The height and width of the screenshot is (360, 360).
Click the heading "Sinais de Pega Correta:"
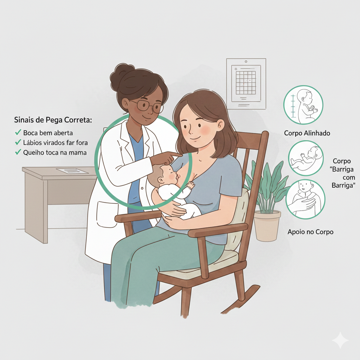click(53, 120)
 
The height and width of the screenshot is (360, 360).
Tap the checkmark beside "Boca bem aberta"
click(18, 132)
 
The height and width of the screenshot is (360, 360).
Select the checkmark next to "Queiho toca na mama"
click(18, 152)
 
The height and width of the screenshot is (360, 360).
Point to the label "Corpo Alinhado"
click(307, 133)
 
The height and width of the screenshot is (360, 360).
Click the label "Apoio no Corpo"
click(310, 232)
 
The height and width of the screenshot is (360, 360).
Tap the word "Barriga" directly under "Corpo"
click(342, 169)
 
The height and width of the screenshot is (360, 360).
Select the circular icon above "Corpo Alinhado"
click(303, 105)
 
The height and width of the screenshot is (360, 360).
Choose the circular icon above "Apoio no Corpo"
click(306, 199)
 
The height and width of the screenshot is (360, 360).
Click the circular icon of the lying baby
click(306, 158)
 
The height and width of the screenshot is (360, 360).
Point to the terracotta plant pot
click(267, 226)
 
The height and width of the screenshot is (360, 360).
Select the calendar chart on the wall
click(246, 84)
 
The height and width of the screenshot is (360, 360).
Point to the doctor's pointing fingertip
click(181, 155)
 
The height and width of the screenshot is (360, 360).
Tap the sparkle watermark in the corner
click(340, 340)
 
